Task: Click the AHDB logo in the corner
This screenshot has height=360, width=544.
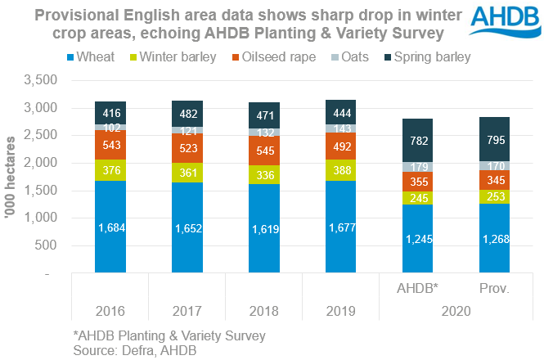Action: click(x=501, y=25)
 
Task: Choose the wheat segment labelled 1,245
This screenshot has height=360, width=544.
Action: click(x=418, y=239)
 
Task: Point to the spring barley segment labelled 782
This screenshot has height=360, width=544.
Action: click(x=418, y=140)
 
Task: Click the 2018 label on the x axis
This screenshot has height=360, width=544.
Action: click(x=264, y=312)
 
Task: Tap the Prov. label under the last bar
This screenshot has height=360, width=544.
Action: click(x=495, y=289)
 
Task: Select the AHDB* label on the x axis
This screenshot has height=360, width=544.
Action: click(x=418, y=289)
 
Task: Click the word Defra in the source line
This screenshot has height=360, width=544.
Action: click(x=140, y=349)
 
